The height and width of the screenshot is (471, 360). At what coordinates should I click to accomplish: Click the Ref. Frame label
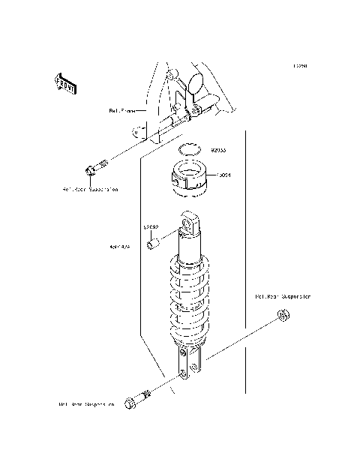tap(121, 110)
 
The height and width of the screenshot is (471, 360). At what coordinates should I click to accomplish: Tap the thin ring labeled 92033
tap(190, 148)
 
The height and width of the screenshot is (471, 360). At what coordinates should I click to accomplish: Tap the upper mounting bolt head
tap(91, 170)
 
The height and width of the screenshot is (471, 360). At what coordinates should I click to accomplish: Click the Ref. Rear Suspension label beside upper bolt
tap(90, 190)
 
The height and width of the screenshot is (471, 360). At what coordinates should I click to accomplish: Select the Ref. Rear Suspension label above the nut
tap(283, 296)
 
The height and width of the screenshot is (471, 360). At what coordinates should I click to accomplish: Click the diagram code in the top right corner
tap(299, 66)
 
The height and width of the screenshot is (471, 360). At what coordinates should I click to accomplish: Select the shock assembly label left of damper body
tap(120, 244)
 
